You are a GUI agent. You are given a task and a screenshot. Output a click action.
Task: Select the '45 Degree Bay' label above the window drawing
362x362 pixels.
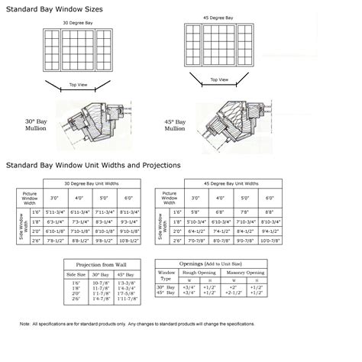(x=219, y=18)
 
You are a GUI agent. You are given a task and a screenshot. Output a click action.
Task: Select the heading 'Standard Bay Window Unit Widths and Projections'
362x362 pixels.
(x=93, y=164)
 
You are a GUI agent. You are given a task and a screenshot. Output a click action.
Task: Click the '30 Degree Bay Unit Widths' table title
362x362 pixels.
(x=91, y=183)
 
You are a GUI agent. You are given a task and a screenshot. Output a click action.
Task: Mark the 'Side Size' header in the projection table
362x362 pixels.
(x=76, y=273)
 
